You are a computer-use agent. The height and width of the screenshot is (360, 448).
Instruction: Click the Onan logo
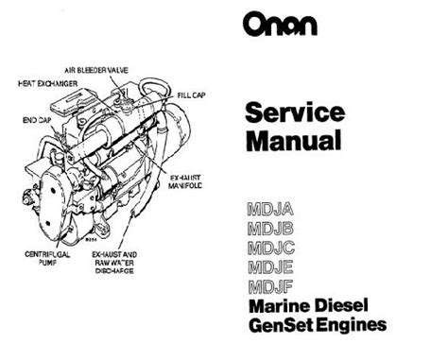280,24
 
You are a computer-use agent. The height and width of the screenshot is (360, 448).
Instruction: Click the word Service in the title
295,112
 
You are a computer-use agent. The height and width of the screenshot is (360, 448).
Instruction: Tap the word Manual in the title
294,140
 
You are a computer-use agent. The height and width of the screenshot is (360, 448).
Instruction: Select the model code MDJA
270,209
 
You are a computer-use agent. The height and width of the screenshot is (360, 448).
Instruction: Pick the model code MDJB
270,229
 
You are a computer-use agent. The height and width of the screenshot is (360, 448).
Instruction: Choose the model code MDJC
271,248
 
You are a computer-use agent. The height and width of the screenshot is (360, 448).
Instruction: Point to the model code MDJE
270,267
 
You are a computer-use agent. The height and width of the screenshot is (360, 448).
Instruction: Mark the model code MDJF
270,286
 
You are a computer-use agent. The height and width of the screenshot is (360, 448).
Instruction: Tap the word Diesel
341,305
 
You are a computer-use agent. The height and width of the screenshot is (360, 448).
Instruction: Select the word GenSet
282,325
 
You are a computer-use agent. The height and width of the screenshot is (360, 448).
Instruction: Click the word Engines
352,325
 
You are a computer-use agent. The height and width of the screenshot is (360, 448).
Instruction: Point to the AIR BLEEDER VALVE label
96,70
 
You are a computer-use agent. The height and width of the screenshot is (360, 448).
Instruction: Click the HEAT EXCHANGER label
48,83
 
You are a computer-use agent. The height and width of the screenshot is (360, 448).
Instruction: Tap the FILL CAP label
192,94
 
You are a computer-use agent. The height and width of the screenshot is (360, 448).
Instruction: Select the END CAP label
37,120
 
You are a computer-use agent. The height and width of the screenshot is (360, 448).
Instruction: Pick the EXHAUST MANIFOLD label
185,181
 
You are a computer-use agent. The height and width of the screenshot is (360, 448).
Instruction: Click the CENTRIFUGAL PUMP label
47,258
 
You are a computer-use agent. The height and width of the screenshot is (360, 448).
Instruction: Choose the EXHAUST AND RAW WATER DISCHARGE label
114,263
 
